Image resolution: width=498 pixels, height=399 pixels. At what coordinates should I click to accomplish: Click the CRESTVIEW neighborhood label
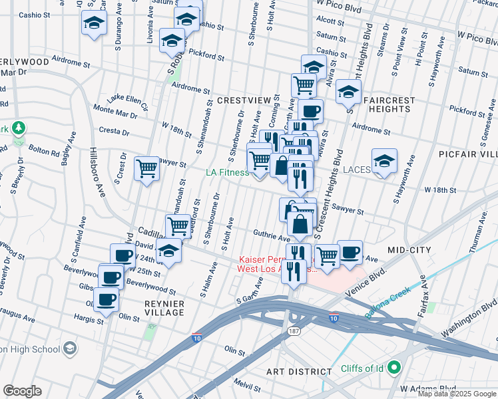(244, 100)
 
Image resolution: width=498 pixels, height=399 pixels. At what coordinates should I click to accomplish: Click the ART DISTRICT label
(298, 371)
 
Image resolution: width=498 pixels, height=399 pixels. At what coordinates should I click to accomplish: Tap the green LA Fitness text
(226, 172)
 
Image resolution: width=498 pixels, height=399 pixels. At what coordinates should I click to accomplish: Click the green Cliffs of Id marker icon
(393, 366)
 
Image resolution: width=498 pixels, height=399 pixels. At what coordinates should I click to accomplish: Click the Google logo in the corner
(22, 390)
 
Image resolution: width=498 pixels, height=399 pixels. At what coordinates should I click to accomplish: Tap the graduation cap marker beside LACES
(384, 161)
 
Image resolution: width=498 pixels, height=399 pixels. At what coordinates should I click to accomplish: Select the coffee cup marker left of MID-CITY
(350, 251)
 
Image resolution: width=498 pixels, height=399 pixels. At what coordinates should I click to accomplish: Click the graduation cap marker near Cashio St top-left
(95, 23)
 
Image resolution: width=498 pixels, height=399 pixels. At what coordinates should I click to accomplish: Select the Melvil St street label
(247, 386)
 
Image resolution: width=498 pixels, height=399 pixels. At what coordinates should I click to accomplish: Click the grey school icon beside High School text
(70, 348)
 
